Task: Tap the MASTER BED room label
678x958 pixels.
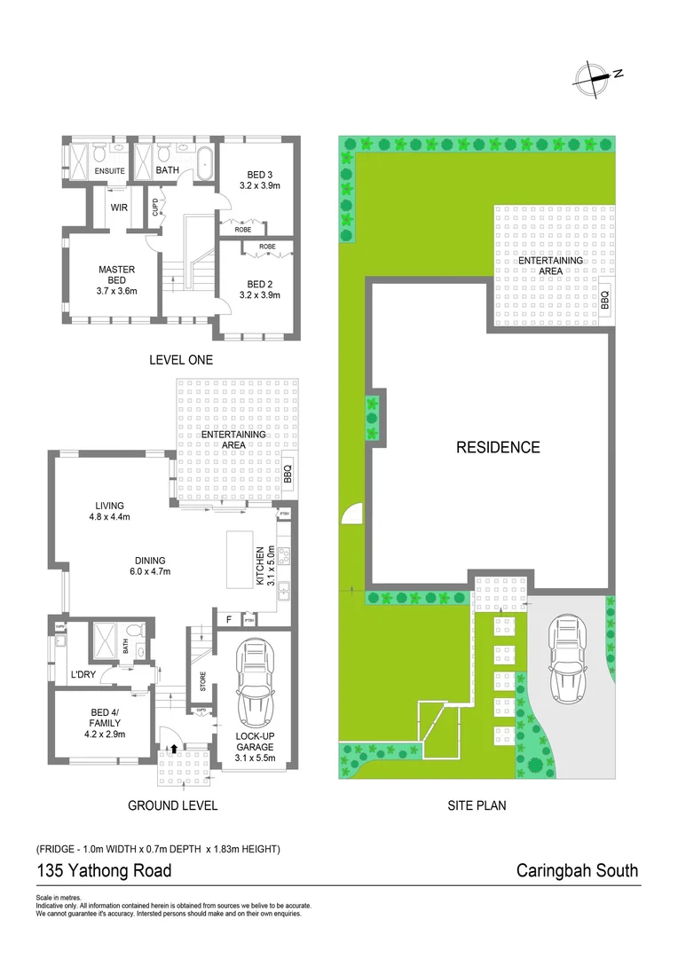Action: [x=115, y=276]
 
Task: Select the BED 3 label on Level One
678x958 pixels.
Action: [x=259, y=179]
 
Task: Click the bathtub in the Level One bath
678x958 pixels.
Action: [x=205, y=165]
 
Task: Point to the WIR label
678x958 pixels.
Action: [x=120, y=208]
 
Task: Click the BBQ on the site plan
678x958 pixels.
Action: [x=604, y=298]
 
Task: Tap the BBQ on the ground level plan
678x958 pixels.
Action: [x=287, y=475]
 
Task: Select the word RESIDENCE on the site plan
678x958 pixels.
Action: [x=498, y=448]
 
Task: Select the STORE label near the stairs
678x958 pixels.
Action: [x=202, y=682]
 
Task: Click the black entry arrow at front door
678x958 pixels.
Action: [x=174, y=749]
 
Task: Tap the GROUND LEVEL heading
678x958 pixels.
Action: [x=172, y=805]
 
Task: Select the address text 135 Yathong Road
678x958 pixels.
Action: [x=104, y=871]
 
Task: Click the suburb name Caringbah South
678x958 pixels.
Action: [x=577, y=871]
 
